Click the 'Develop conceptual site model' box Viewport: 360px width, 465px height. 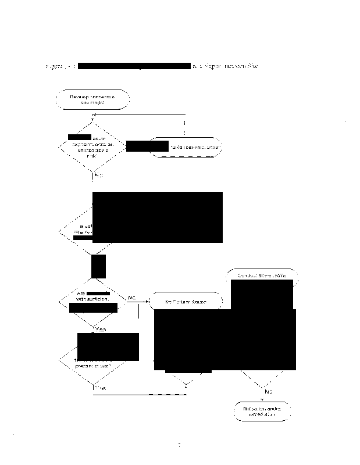point(92,99)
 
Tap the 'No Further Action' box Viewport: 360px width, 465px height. point(187,302)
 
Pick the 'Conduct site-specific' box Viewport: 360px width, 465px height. point(263,276)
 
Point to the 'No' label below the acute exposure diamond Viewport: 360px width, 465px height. point(98,175)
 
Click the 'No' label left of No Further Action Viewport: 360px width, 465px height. point(131,298)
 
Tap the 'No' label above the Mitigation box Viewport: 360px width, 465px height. point(268,392)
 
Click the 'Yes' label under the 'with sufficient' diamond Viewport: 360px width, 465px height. point(100,330)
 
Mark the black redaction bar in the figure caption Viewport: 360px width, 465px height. point(134,66)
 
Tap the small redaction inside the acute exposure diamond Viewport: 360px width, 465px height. point(79,137)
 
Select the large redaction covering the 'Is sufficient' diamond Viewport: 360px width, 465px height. point(158,216)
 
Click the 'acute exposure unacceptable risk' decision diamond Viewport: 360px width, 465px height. point(92,147)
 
